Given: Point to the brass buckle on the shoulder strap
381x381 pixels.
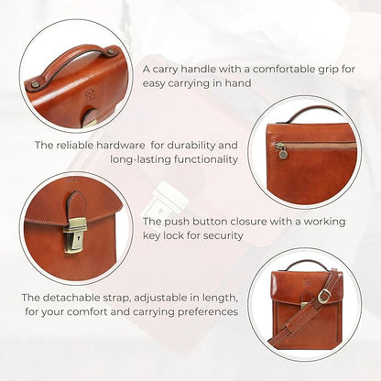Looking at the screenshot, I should (323, 295).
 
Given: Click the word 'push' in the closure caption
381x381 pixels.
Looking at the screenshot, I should (184, 221).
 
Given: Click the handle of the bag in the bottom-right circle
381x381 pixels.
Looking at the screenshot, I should (305, 266).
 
